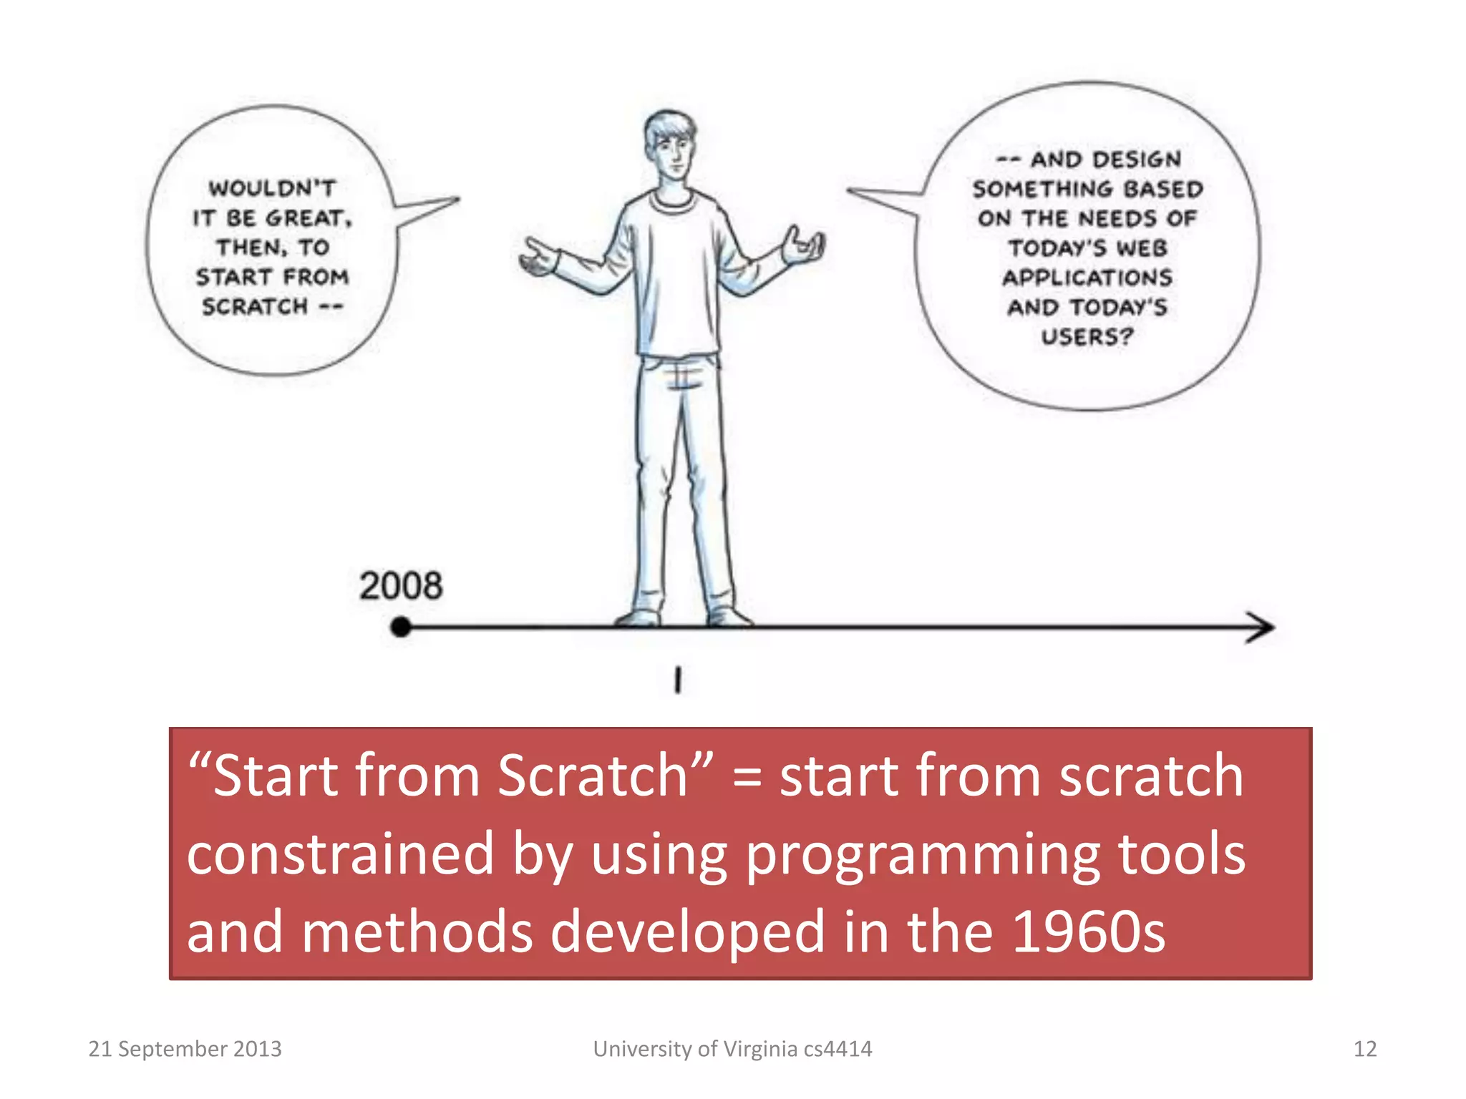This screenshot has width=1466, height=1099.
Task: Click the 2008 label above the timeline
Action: [x=401, y=586]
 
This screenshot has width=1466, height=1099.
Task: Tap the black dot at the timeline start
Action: [x=401, y=627]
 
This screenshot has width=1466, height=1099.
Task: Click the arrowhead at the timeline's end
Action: [x=1261, y=627]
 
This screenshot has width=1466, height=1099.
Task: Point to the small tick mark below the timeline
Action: [x=677, y=680]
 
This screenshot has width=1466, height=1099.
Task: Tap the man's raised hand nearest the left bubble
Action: [x=538, y=258]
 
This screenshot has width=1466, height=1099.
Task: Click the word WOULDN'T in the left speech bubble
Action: [x=272, y=188]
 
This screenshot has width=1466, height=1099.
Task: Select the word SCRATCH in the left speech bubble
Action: [x=255, y=306]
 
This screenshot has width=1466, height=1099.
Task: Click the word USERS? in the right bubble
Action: [x=1087, y=336]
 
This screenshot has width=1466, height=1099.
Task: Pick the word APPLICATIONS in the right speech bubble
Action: [x=1087, y=277]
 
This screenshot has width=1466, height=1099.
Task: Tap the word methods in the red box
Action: [x=417, y=932]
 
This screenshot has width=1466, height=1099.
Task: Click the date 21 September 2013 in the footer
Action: [x=185, y=1049]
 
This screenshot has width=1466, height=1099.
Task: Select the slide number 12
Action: [x=1364, y=1049]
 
